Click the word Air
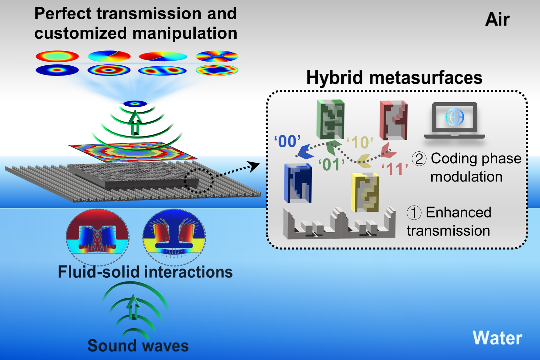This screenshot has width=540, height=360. (x=497, y=19)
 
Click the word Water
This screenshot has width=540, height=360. (x=497, y=338)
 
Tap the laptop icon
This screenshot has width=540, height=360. (x=454, y=121)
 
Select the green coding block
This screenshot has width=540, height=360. (x=330, y=119)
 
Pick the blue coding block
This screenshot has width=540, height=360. (x=298, y=183)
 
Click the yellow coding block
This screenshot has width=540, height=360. (x=365, y=192)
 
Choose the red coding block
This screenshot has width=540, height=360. (x=393, y=120)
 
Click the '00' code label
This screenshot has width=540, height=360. (x=287, y=142)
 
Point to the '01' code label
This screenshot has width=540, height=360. (x=331, y=165)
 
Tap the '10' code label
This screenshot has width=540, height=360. (x=360, y=143)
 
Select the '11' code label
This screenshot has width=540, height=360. (x=395, y=169)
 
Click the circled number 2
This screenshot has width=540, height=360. (x=419, y=159)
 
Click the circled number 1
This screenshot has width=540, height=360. (x=414, y=213)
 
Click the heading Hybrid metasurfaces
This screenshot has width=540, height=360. (x=394, y=78)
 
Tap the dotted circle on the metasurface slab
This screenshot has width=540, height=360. (x=199, y=181)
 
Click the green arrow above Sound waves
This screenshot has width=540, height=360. (x=134, y=307)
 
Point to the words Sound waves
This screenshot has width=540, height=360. (x=138, y=346)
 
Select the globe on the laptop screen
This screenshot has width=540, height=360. (x=454, y=117)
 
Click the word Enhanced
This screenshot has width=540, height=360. (x=458, y=213)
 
